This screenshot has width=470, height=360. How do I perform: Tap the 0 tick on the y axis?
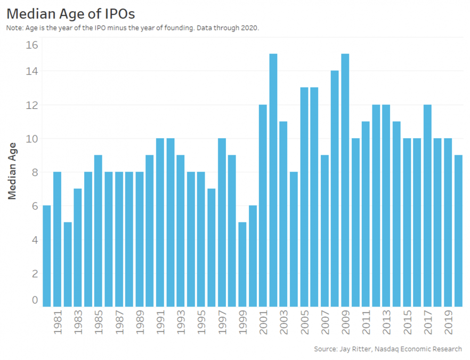tap(35, 300)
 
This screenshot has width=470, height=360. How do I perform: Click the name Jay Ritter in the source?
tap(354, 349)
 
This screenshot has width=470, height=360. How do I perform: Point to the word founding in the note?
tap(183, 28)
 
